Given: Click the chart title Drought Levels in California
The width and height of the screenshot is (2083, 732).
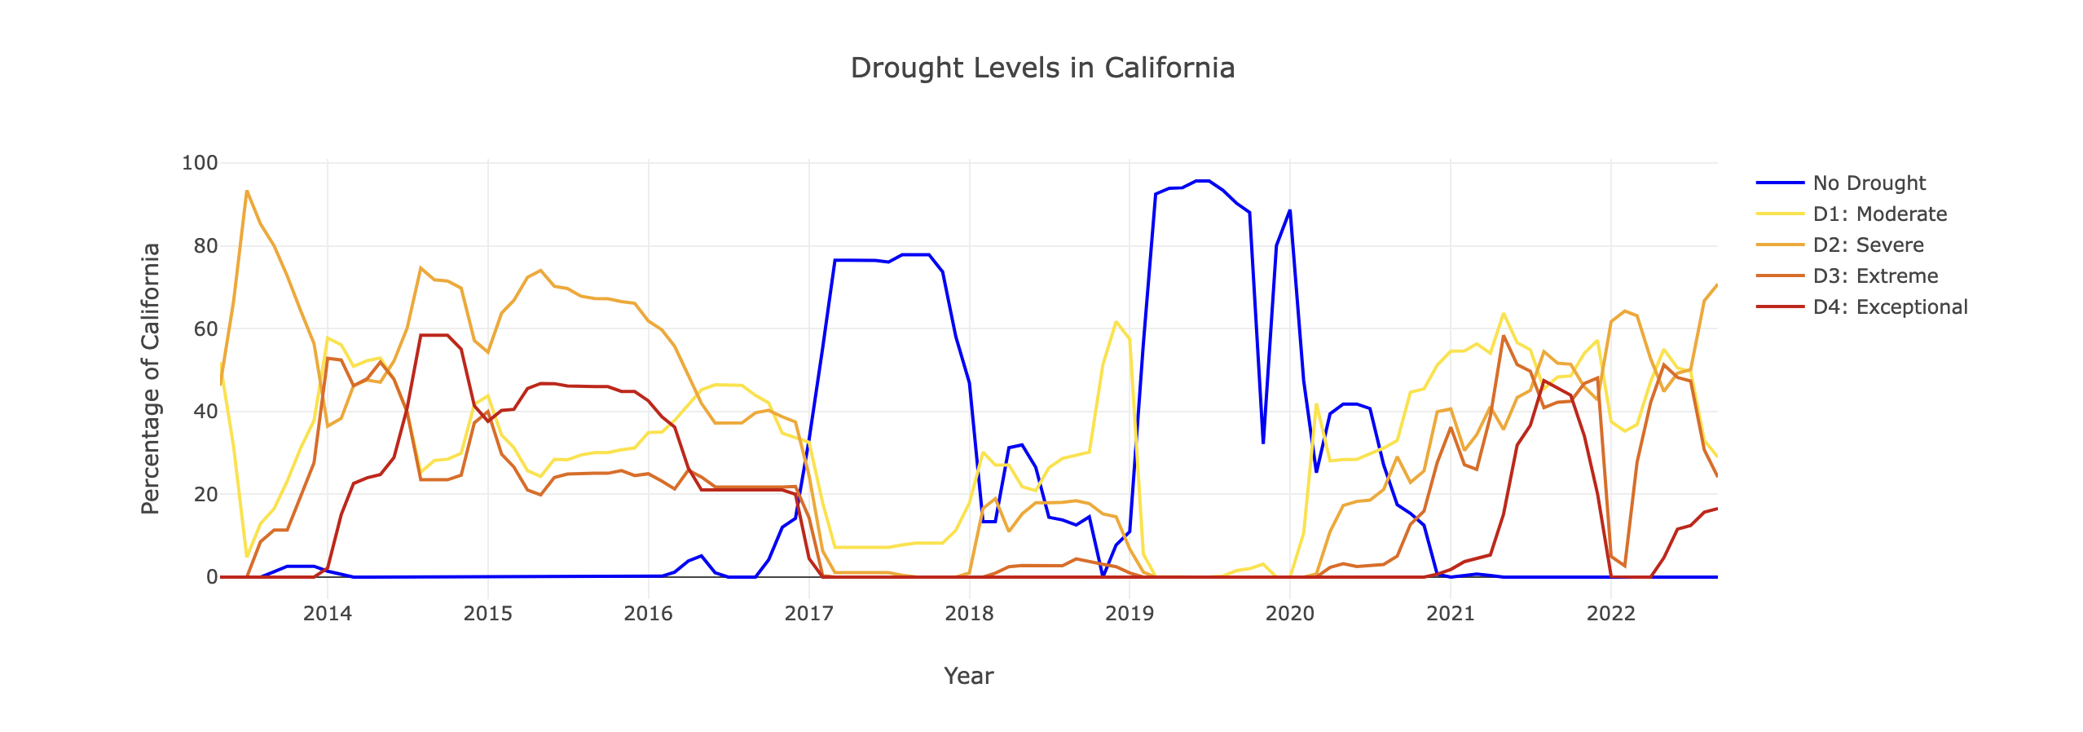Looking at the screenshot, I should click(1041, 68).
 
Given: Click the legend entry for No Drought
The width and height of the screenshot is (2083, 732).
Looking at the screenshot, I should click(1869, 183).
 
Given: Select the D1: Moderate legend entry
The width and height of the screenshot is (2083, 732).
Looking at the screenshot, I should click(1879, 214).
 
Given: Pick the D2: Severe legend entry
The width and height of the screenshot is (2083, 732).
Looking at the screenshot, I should click(1868, 245).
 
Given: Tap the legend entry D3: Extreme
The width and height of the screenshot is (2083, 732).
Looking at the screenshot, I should click(1875, 276).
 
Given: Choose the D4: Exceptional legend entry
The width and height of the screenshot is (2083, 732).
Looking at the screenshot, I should click(1890, 307).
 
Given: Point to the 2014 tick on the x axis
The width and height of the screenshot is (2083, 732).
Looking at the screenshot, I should click(327, 613).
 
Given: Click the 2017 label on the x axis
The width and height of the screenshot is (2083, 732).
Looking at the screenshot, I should click(808, 613).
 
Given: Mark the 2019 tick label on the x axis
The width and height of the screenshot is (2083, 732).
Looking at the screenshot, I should click(1130, 613).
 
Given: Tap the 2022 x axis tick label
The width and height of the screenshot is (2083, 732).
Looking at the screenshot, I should click(1610, 613).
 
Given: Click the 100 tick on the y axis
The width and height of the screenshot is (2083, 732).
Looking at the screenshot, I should click(200, 163).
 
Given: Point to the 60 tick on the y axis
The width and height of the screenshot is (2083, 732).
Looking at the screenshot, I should click(205, 329).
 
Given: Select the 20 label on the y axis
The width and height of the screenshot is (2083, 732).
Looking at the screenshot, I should click(205, 494).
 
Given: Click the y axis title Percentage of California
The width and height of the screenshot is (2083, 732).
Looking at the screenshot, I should click(150, 378).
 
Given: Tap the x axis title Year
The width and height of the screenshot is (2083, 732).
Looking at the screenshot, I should click(968, 676).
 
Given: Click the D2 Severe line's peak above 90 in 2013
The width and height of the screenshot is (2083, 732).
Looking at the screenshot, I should click(246, 192).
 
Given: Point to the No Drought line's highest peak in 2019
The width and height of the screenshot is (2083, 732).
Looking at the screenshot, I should click(1202, 181).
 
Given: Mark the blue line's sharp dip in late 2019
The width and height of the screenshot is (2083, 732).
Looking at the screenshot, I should click(1262, 443).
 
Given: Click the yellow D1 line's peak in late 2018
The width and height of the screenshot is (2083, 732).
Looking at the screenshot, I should click(1116, 322).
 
